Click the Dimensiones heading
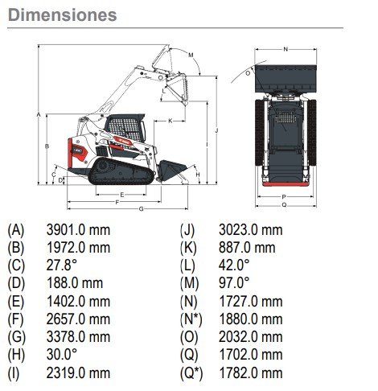pyautogui.click(x=63, y=15)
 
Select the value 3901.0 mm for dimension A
pyautogui.click(x=78, y=230)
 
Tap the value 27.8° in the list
pyautogui.click(x=62, y=265)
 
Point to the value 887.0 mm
pyautogui.click(x=247, y=248)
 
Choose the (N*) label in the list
pyautogui.click(x=191, y=319)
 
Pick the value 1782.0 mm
pyautogui.click(x=251, y=373)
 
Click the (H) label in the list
pyautogui.click(x=16, y=355)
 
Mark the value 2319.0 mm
pyautogui.click(x=78, y=373)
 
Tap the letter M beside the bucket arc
pyautogui.click(x=191, y=56)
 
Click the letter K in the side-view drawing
pyautogui.click(x=171, y=121)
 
